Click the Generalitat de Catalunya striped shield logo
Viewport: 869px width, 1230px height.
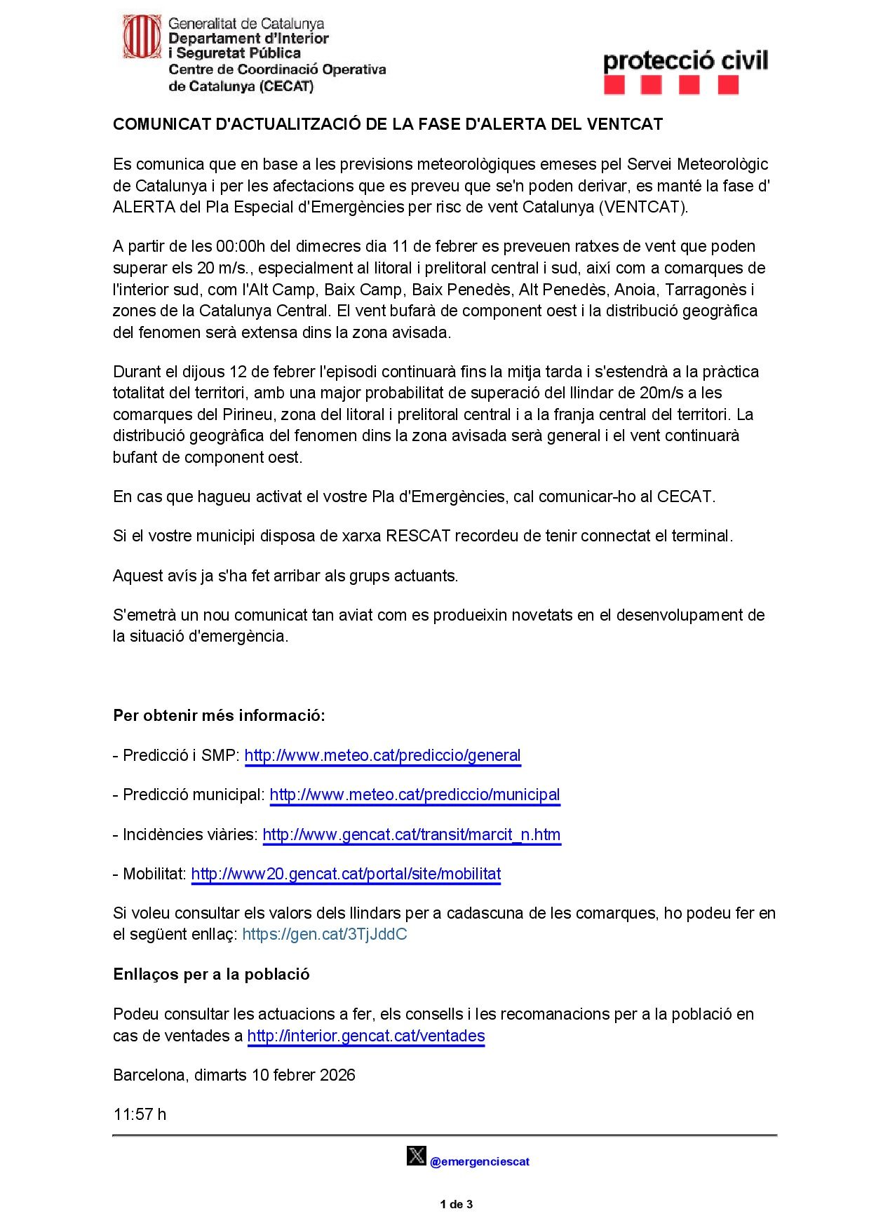pyautogui.click(x=142, y=36)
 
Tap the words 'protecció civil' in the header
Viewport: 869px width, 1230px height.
pyautogui.click(x=685, y=60)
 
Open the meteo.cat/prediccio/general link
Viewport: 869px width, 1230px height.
pyautogui.click(x=382, y=755)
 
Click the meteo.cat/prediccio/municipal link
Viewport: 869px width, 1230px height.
pyautogui.click(x=415, y=795)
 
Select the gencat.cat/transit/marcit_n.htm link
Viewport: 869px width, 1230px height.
pyautogui.click(x=412, y=834)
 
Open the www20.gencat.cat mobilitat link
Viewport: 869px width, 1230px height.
pyautogui.click(x=346, y=874)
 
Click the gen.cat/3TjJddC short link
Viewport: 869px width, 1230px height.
pyautogui.click(x=325, y=934)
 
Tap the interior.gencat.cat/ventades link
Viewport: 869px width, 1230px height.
pyautogui.click(x=366, y=1036)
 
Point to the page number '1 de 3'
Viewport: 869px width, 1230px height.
pyautogui.click(x=456, y=1205)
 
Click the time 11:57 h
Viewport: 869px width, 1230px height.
pyautogui.click(x=140, y=1114)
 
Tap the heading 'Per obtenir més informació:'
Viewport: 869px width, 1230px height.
pyautogui.click(x=219, y=715)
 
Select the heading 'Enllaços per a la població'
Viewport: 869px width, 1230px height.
pyautogui.click(x=211, y=974)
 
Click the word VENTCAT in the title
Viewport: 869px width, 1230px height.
pyautogui.click(x=624, y=124)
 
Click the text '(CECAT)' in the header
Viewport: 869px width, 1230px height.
pyautogui.click(x=286, y=86)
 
